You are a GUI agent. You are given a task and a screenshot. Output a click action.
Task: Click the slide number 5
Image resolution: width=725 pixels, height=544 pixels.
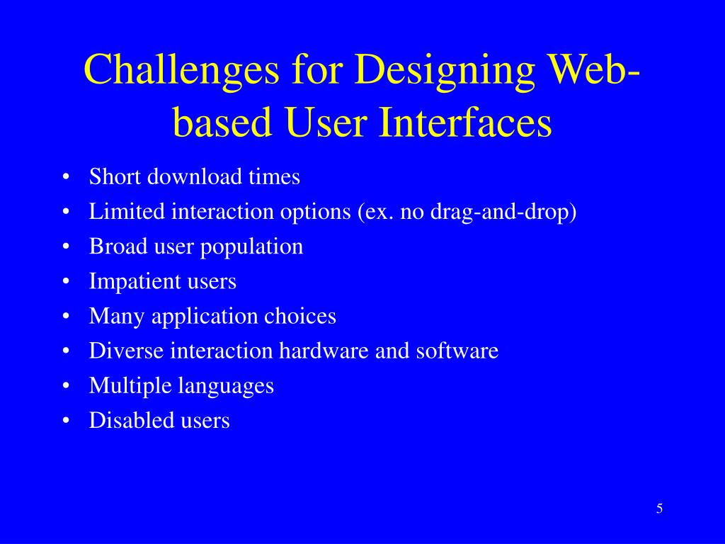(x=659, y=509)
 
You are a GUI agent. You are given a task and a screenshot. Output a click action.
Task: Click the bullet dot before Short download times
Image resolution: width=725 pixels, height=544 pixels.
(x=65, y=177)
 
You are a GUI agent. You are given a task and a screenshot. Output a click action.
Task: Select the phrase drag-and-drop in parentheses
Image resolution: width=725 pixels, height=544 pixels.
(x=498, y=212)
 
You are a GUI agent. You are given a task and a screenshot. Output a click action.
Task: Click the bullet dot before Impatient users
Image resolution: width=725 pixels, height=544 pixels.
(x=65, y=282)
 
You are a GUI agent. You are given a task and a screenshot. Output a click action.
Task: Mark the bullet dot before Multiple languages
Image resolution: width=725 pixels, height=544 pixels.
(x=65, y=386)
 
